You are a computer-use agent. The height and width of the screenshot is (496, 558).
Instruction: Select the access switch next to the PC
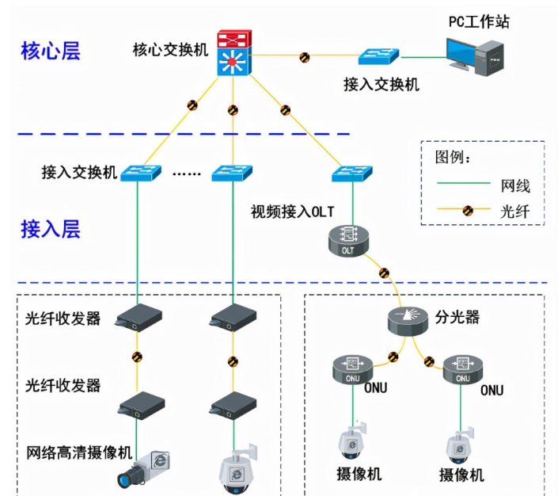378,56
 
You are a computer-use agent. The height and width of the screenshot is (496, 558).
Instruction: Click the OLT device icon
349,239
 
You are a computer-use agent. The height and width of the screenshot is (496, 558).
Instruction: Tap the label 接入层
51,230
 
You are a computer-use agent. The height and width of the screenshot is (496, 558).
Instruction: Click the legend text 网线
515,186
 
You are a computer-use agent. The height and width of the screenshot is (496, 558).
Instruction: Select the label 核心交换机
170,49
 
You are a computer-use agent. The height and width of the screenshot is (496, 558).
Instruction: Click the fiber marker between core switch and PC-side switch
304,56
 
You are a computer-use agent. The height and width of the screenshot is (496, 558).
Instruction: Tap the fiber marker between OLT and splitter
384,273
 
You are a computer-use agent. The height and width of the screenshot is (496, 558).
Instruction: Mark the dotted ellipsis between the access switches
187,174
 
